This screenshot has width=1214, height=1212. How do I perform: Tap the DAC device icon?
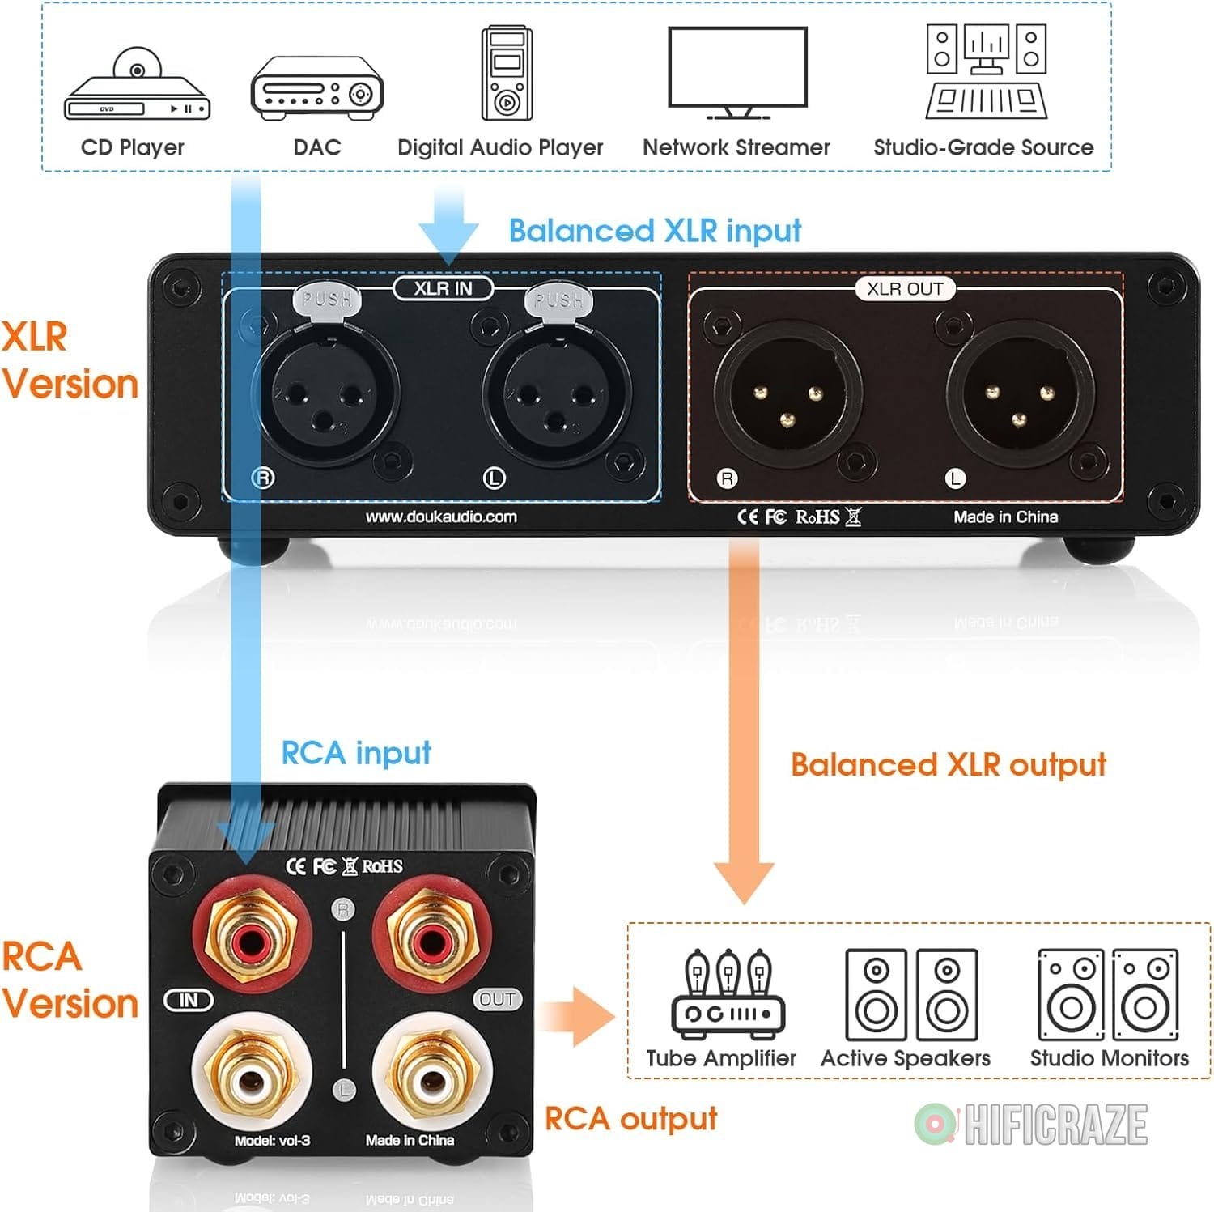[316, 88]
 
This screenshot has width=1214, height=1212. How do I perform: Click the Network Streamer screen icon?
[737, 71]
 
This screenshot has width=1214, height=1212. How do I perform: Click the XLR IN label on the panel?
[443, 288]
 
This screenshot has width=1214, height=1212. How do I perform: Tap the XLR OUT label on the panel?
[905, 289]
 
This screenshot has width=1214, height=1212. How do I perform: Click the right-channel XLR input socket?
[325, 397]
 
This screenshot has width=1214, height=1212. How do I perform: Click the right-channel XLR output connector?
[787, 396]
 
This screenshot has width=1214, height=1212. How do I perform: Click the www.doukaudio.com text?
[441, 517]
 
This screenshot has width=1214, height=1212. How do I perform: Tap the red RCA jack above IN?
[252, 940]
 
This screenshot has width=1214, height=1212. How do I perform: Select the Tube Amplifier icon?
[728, 995]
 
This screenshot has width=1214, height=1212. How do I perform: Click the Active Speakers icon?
[910, 995]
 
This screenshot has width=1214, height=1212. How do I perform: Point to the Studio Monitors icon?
[1108, 995]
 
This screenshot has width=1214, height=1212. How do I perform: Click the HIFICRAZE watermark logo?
[1032, 1125]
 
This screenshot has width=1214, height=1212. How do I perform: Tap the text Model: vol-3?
[272, 1140]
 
